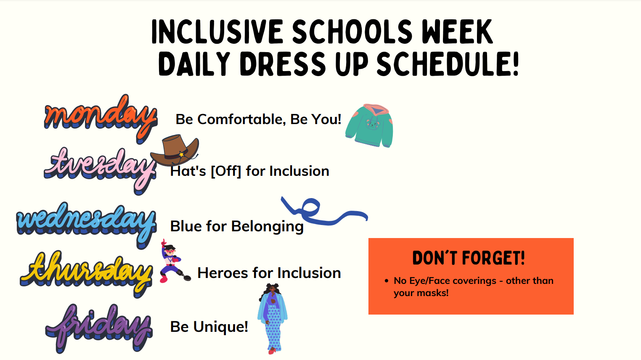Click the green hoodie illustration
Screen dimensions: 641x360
coord(369,126)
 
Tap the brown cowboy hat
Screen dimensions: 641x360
coord(175,150)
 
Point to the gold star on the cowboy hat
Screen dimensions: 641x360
coord(181,154)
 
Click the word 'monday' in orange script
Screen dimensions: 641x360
coord(101,118)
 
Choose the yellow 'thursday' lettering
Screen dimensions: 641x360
coord(86,273)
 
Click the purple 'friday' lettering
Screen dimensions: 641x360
coord(99,328)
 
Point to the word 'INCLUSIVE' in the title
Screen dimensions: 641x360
coord(217,32)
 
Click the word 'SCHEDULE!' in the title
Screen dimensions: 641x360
coord(448,64)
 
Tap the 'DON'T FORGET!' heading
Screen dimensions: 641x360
coord(469,258)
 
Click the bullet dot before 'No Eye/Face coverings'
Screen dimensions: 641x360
coord(387,281)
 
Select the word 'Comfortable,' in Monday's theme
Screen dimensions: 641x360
coord(242,119)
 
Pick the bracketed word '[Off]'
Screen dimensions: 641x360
coord(226,171)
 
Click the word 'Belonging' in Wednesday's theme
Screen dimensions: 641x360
coord(267,227)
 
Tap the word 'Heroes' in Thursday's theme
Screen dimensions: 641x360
coord(222,273)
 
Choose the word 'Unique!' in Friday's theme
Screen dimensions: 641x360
coord(221,327)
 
